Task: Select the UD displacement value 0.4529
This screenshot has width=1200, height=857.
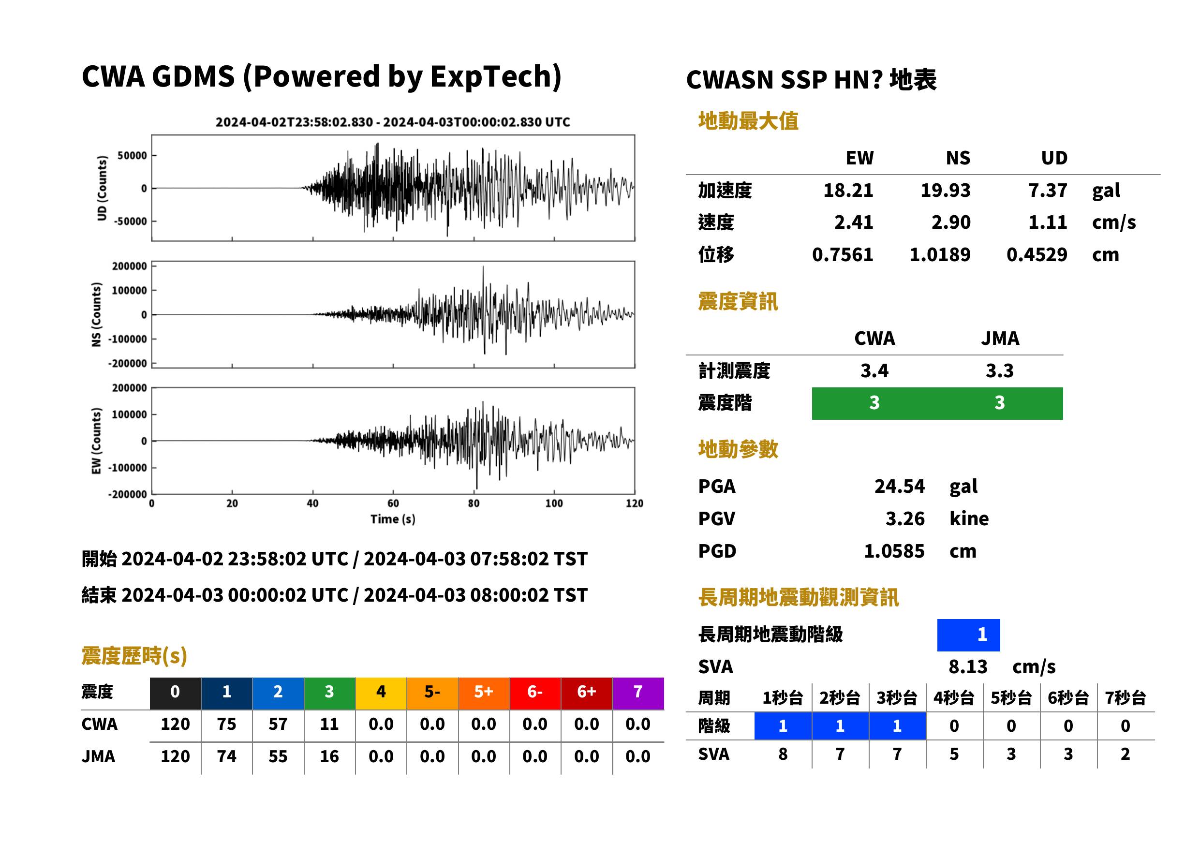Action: tap(1037, 254)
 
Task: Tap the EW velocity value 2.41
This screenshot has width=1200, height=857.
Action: tap(853, 222)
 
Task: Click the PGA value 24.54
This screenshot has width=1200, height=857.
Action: tap(899, 486)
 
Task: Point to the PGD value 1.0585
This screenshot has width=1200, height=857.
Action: tap(894, 551)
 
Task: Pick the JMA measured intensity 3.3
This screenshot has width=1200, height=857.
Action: tap(999, 370)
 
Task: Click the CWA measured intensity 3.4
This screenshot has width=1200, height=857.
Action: tap(874, 370)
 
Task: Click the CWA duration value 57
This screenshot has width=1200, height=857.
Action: tap(278, 724)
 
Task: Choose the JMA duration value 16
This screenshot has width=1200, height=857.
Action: tap(329, 756)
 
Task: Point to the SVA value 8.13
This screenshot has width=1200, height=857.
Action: tap(968, 666)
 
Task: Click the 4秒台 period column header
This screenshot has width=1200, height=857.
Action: tap(953, 697)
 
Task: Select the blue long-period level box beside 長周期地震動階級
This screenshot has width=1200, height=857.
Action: tap(968, 635)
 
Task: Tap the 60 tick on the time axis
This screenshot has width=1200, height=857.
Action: tap(393, 503)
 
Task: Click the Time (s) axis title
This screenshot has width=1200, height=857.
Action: tap(393, 519)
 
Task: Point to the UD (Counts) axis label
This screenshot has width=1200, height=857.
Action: tap(102, 188)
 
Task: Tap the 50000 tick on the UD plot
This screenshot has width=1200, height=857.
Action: tap(132, 156)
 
